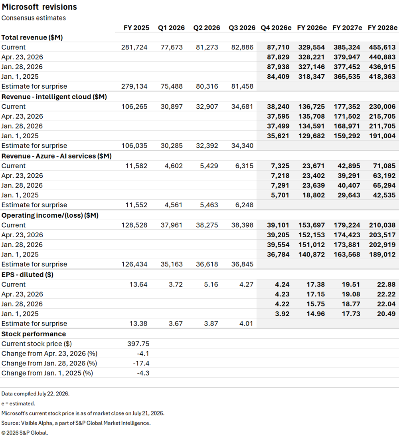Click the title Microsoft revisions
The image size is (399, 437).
[x=39, y=7]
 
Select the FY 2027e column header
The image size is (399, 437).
[x=347, y=28]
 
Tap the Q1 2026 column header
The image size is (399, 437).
[x=171, y=28]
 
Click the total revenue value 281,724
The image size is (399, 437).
[x=134, y=48]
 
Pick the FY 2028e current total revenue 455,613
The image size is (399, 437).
[x=382, y=48]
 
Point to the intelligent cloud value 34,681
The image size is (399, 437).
[x=242, y=107]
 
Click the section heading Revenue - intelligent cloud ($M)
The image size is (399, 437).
[x=54, y=97]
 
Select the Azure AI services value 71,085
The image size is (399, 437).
[x=384, y=166]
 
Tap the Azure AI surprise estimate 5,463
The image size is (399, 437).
[x=207, y=205]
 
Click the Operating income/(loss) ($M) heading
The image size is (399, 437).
[x=50, y=215]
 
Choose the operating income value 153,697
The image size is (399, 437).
[x=312, y=225]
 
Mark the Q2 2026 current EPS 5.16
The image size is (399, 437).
[x=211, y=284]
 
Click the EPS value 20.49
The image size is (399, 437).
[x=386, y=314]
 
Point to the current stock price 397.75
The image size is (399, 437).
[x=138, y=344]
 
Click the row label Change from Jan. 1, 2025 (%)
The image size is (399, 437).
[x=47, y=373]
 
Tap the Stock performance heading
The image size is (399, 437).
[x=34, y=334]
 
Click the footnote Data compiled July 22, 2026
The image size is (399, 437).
[x=36, y=394]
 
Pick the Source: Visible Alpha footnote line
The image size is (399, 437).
[x=76, y=423]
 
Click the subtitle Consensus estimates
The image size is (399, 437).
[x=34, y=18]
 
